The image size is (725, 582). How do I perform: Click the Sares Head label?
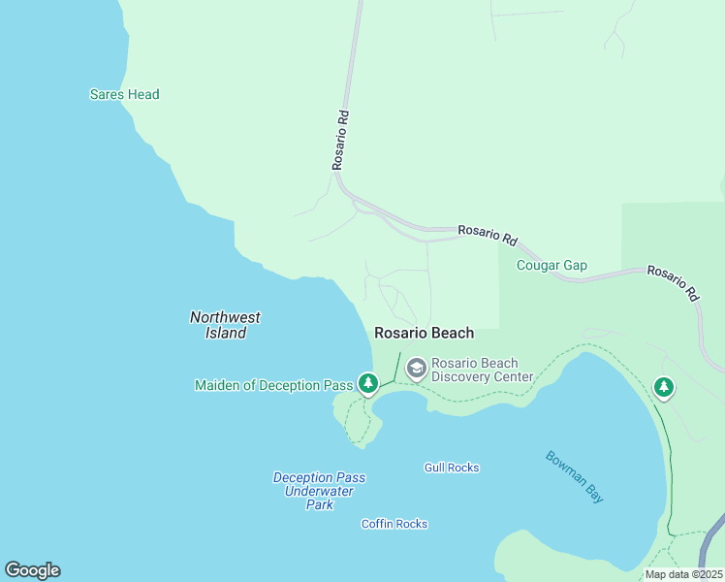pyautogui.click(x=124, y=95)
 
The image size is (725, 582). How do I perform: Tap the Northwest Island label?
pyautogui.click(x=225, y=325)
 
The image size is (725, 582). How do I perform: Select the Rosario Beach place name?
pyautogui.click(x=425, y=333)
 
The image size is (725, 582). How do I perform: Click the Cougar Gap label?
pyautogui.click(x=552, y=266)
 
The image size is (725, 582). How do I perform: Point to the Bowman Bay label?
pyautogui.click(x=574, y=476)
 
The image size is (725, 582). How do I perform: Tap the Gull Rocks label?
pyautogui.click(x=452, y=468)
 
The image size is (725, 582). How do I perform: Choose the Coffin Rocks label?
pyautogui.click(x=394, y=524)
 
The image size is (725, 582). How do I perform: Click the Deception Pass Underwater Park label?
pyautogui.click(x=319, y=491)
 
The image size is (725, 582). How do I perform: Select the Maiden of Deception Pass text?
pyautogui.click(x=273, y=385)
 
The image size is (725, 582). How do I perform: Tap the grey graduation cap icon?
pyautogui.click(x=417, y=368)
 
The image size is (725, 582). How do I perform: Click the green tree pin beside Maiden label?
pyautogui.click(x=368, y=384)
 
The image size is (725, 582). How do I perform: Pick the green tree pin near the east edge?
pyautogui.click(x=663, y=388)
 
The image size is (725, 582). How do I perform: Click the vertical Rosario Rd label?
pyautogui.click(x=340, y=139)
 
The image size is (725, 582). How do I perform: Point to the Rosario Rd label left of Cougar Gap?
pyautogui.click(x=488, y=234)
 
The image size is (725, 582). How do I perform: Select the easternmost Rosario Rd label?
pyautogui.click(x=674, y=282)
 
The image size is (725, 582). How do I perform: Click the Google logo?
pyautogui.click(x=32, y=570)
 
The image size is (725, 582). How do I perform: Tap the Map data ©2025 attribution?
pyautogui.click(x=683, y=574)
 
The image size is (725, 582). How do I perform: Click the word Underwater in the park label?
pyautogui.click(x=319, y=491)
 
